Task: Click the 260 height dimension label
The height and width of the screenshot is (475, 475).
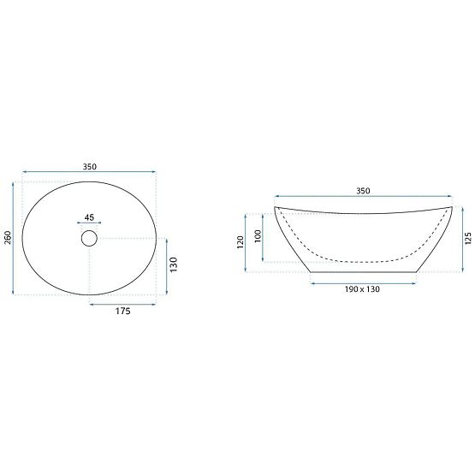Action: click(x=8, y=239)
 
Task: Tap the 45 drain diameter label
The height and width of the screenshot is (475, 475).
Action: click(x=90, y=217)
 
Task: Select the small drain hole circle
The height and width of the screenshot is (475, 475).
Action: click(x=90, y=239)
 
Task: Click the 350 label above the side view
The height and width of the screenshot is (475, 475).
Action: click(x=362, y=191)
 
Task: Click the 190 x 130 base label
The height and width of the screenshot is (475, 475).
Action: click(x=362, y=289)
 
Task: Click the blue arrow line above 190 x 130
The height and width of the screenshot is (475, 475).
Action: click(x=364, y=280)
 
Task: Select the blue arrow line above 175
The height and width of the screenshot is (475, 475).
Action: click(x=123, y=303)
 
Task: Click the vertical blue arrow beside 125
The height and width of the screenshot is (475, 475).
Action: click(x=459, y=240)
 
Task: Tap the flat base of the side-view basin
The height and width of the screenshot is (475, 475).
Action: click(x=364, y=271)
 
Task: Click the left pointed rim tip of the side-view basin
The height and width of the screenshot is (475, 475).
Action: click(x=275, y=207)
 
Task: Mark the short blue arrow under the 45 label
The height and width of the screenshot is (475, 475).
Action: click(x=90, y=225)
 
